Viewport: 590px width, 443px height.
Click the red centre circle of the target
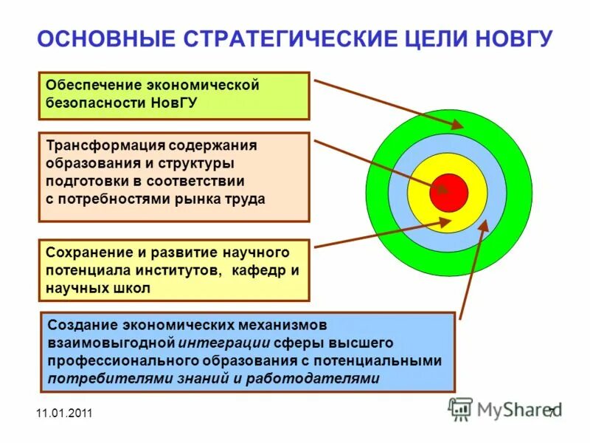point(449,192)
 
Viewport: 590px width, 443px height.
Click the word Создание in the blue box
point(77,325)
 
